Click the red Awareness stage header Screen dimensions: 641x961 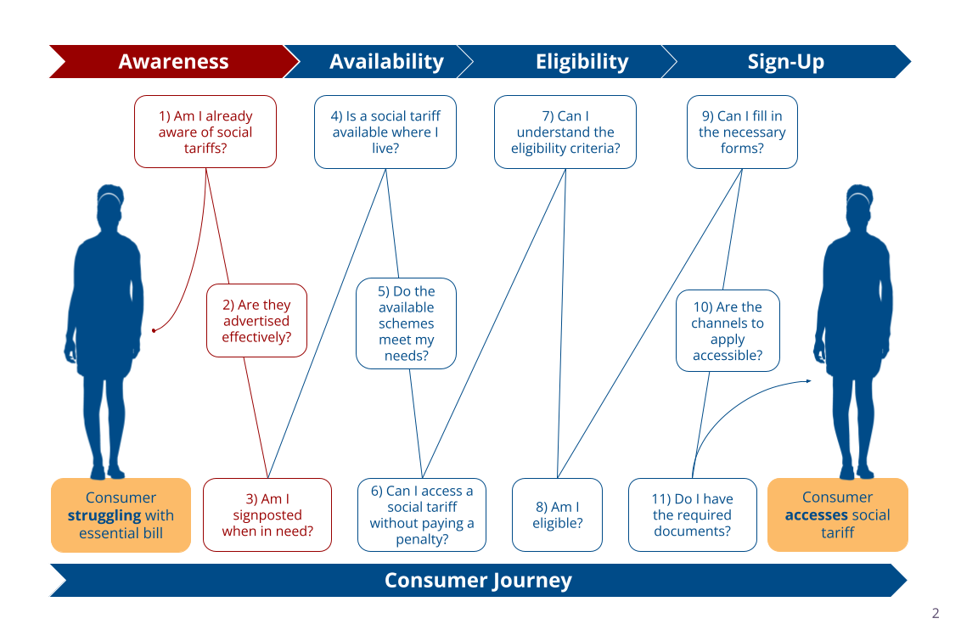tap(173, 62)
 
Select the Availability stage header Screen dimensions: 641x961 tap(386, 62)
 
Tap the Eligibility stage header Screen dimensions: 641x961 tap(582, 62)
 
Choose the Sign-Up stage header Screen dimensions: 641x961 tap(785, 62)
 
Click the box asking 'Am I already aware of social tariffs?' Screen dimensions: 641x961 tap(205, 132)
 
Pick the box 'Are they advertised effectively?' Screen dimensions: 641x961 tap(256, 321)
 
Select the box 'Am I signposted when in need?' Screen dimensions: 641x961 tap(267, 514)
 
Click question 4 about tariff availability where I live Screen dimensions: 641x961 tap(385, 132)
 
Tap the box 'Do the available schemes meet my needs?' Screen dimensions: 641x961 tap(407, 323)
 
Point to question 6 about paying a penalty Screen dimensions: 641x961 tap(422, 514)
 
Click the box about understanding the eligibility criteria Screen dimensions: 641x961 tap(565, 132)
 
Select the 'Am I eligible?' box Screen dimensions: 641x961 tap(557, 514)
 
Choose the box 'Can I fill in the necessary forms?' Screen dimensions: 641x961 tap(742, 132)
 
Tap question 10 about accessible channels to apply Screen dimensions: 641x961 tap(728, 331)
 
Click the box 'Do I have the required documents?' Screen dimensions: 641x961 tap(693, 514)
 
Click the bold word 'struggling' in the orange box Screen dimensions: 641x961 tap(104, 515)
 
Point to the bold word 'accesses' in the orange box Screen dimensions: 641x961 tap(816, 515)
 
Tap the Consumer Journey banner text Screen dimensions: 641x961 tap(478, 581)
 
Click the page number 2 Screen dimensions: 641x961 tap(936, 614)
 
